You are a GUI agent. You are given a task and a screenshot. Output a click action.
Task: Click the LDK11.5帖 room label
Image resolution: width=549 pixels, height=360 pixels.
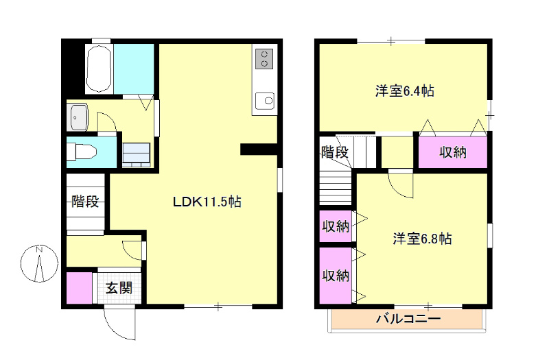(207, 202)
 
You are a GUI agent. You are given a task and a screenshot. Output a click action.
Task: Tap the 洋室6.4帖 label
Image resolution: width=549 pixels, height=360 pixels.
(404, 91)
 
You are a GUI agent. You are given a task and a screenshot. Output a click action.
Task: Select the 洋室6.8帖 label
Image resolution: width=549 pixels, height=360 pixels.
(422, 239)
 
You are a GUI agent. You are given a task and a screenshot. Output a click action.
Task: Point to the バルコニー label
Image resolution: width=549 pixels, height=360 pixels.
(408, 319)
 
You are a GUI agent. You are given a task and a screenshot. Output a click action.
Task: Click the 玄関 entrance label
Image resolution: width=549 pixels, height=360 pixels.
(119, 288)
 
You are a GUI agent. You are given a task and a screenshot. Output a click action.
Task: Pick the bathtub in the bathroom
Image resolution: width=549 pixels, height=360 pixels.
(99, 69)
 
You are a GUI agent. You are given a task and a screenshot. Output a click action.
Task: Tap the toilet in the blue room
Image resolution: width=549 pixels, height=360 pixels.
(82, 152)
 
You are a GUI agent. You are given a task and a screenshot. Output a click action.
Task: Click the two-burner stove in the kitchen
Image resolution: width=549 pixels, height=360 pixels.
(264, 59)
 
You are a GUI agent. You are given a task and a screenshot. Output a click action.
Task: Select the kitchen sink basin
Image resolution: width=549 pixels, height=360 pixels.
(265, 101)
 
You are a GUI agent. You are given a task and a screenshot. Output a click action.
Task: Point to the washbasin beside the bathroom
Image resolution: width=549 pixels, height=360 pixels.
(79, 117)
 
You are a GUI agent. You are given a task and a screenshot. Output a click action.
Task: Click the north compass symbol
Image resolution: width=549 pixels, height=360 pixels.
(39, 263)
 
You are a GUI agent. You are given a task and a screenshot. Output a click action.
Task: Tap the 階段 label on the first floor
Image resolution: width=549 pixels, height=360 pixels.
(85, 202)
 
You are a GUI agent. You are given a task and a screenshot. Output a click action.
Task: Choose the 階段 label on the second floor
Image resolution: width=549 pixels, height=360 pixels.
(335, 152)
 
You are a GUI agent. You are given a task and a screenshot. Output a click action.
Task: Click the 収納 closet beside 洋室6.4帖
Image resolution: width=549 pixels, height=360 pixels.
(453, 152)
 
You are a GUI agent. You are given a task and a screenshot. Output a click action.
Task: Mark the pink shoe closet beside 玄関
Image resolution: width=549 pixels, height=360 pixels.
(80, 288)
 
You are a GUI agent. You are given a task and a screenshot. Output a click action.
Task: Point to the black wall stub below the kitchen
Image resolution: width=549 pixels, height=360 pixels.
(259, 149)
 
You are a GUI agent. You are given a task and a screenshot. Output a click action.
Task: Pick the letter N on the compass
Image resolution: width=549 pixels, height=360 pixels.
(39, 250)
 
